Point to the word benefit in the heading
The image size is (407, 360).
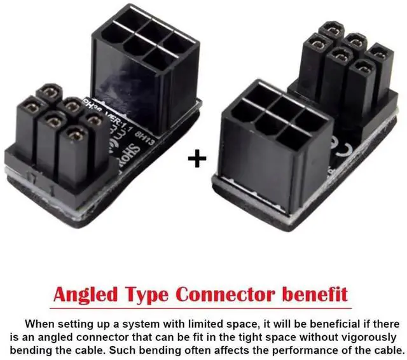(x=316, y=295)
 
